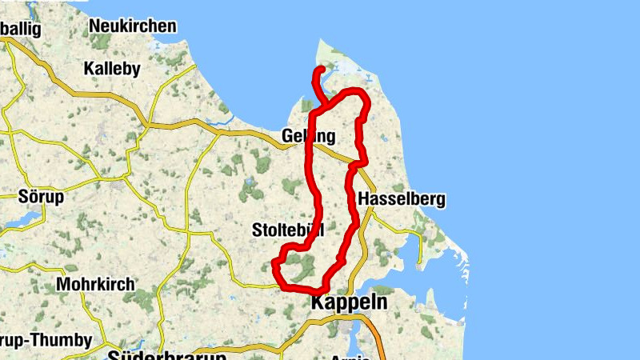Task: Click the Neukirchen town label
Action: click(x=133, y=26)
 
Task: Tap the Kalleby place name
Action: click(x=112, y=69)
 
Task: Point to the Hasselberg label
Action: click(x=402, y=199)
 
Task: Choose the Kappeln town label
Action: click(x=348, y=302)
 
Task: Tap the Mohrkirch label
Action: click(x=96, y=285)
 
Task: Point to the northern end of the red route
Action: click(x=321, y=70)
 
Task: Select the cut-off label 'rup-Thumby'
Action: click(x=46, y=341)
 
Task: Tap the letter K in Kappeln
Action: click(x=317, y=302)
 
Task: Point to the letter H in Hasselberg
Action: click(x=364, y=199)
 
